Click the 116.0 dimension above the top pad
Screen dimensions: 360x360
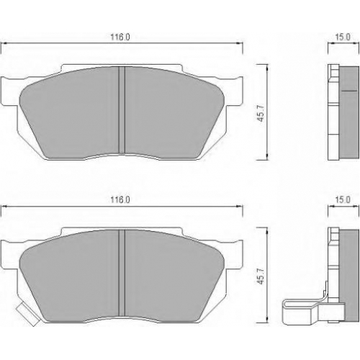[120, 37]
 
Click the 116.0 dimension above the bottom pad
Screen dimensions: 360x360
[120, 199]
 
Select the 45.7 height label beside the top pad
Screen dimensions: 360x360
[261, 113]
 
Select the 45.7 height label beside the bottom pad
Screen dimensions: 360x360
[261, 276]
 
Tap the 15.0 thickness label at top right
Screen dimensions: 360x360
[343, 37]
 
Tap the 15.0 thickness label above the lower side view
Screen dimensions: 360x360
[343, 199]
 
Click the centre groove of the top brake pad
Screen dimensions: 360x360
[122, 110]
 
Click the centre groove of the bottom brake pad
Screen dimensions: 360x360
[122, 273]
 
